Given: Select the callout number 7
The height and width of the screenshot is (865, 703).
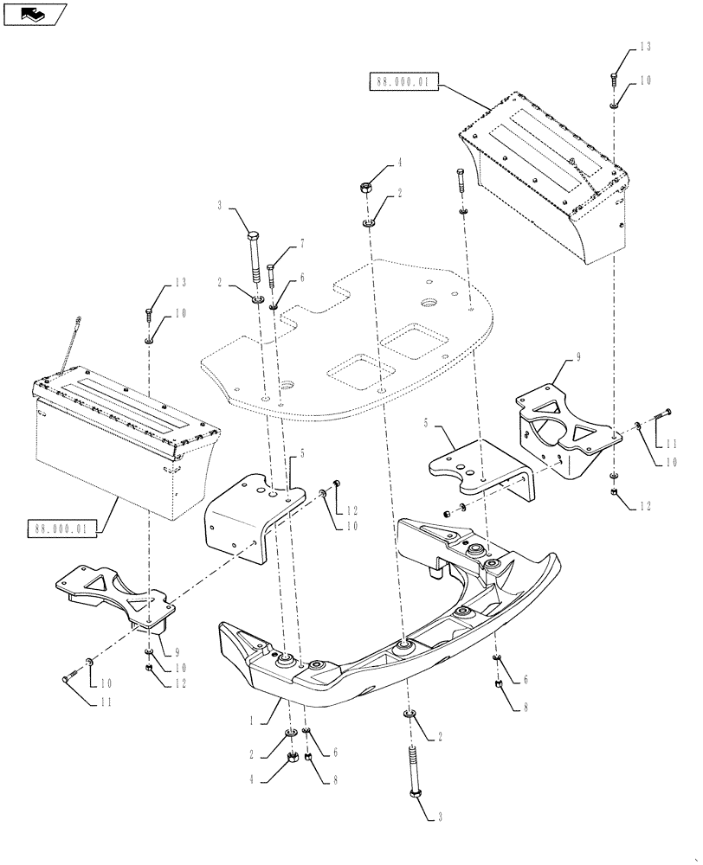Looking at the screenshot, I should point(302,247).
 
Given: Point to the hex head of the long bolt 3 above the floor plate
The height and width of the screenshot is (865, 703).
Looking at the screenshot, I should point(253,237).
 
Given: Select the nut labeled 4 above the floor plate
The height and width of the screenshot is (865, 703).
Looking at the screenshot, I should point(367,186).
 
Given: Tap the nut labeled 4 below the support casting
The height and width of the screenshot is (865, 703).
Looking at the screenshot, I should point(292,759).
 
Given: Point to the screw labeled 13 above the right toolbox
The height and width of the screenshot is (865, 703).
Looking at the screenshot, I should point(614,80).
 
